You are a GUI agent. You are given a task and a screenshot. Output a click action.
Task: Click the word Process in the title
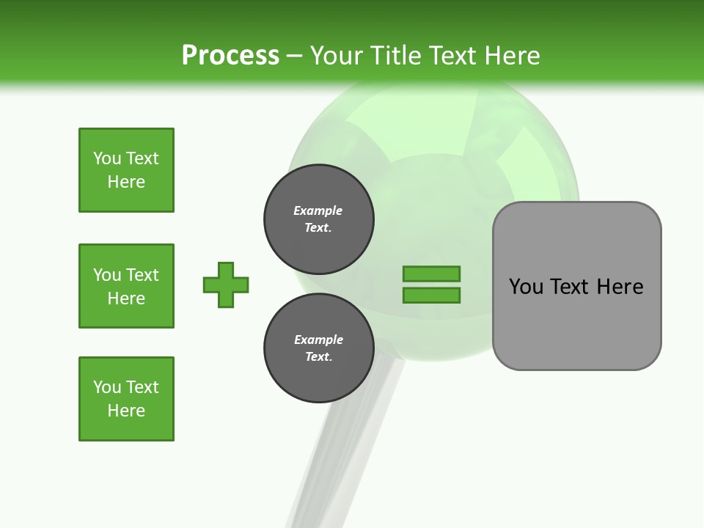tap(230, 55)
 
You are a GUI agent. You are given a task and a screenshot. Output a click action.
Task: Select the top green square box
tap(126, 170)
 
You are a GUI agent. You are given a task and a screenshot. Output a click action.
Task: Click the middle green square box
tap(126, 286)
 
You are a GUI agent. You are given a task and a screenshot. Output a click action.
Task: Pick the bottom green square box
tap(126, 399)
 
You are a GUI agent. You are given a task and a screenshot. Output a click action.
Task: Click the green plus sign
tap(226, 285)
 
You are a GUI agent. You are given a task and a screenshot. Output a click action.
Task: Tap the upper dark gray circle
tap(319, 219)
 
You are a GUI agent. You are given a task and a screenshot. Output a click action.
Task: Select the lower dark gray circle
tap(319, 348)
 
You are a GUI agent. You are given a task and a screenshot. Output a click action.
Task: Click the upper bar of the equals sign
tap(431, 274)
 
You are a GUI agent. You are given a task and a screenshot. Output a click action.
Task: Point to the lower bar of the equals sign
tap(431, 296)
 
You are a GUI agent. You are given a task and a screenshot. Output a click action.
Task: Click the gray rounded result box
tap(576, 323)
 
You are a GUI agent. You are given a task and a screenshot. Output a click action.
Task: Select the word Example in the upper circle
tap(318, 210)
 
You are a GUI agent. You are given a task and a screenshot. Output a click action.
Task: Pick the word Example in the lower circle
tap(318, 340)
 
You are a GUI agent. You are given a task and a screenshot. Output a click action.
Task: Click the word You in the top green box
tap(107, 158)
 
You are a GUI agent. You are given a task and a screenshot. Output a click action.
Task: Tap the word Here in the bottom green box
tap(126, 411)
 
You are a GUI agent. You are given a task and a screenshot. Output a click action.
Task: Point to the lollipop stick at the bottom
tap(323, 477)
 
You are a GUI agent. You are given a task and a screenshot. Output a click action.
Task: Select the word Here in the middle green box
tap(126, 298)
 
